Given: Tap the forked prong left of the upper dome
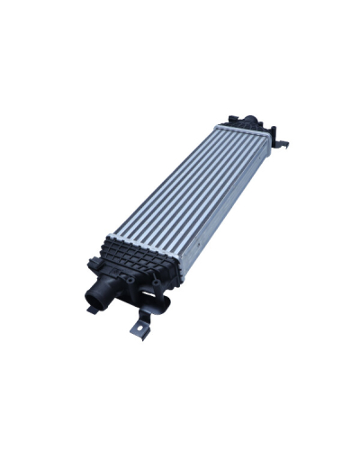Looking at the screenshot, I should point(233,117).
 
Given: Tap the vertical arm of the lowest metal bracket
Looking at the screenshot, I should point(146,320).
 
